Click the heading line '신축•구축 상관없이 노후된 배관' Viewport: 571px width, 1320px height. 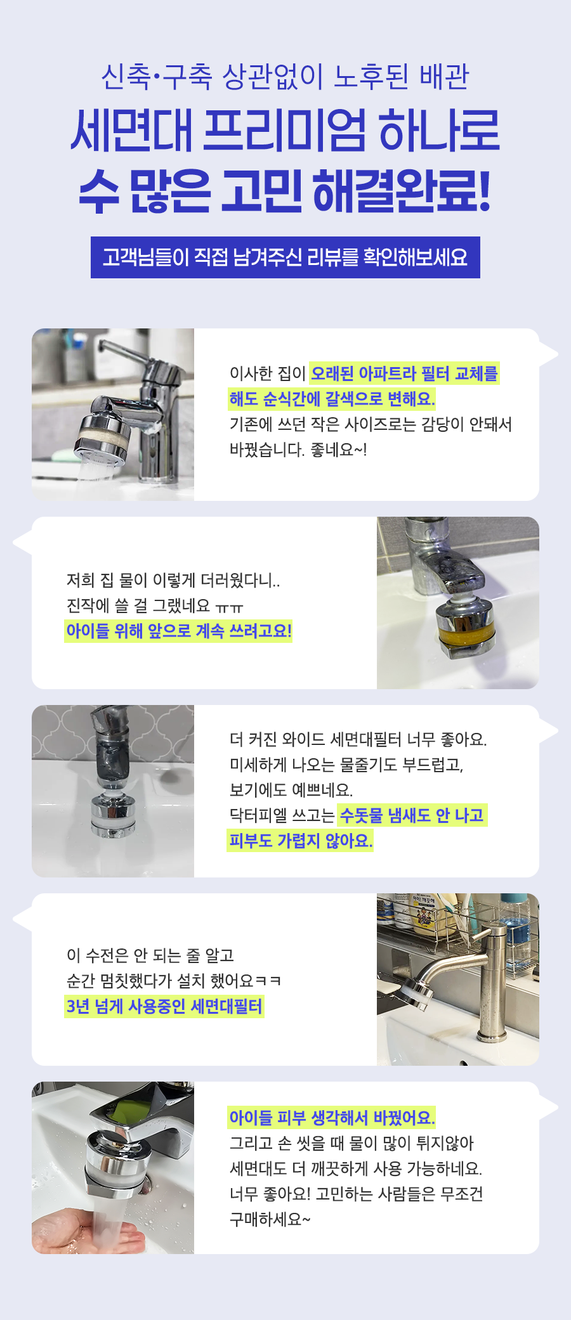tap(285, 77)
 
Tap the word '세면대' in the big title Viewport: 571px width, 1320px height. tap(131, 131)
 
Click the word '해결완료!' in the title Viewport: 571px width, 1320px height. tap(402, 191)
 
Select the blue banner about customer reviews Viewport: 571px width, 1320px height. tap(285, 257)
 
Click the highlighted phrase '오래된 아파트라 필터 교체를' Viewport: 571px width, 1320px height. tap(404, 373)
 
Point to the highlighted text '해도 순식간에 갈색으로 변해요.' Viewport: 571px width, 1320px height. tap(332, 399)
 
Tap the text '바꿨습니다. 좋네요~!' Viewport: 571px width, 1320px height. tap(298, 450)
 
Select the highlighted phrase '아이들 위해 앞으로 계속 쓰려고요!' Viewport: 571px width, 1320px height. tap(178, 631)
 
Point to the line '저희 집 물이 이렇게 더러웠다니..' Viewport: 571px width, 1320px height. tap(173, 580)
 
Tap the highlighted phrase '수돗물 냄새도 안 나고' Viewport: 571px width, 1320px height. tap(412, 815)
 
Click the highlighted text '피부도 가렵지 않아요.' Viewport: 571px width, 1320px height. tap(300, 841)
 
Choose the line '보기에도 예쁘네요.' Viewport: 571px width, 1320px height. tap(291, 790)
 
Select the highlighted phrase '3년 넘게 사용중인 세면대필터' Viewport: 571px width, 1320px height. tap(164, 1006)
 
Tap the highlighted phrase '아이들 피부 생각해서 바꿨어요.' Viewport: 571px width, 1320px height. tap(332, 1118)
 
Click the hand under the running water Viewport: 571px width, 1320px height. tap(89, 1231)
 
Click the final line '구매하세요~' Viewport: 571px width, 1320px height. tap(270, 1219)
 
